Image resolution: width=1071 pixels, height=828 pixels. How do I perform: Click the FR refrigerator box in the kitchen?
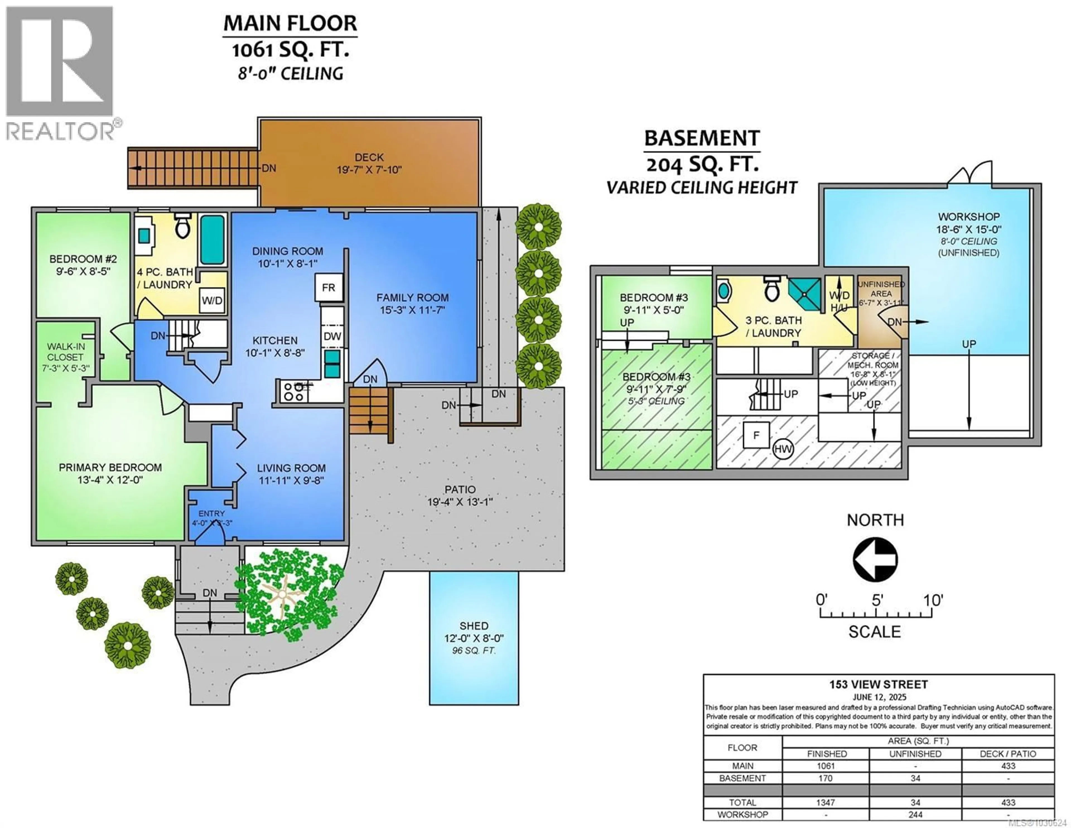point(328,288)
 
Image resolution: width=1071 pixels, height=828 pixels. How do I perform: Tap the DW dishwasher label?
point(332,336)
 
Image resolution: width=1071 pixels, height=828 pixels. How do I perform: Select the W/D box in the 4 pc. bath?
point(212,300)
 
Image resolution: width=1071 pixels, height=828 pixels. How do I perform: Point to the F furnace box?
point(756,435)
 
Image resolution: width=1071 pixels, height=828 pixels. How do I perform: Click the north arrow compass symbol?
point(875,559)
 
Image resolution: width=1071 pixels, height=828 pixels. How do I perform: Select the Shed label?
point(474,626)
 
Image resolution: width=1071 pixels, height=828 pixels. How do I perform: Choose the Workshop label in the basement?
point(969,217)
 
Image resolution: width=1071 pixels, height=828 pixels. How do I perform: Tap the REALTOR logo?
point(60,74)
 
